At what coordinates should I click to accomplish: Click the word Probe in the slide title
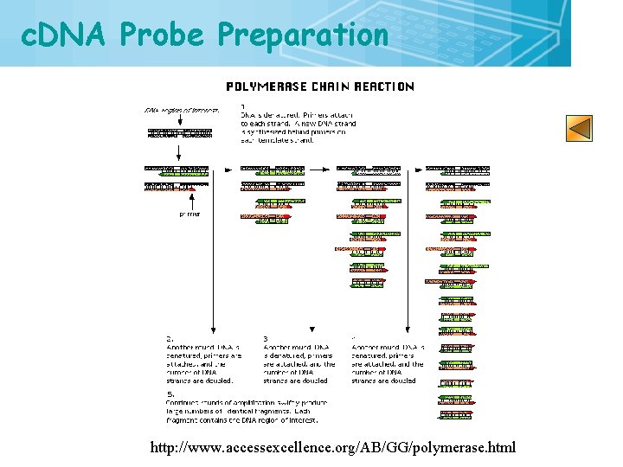coord(164,35)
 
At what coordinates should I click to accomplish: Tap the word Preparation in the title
coord(303,35)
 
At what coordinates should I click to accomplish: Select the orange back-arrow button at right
coord(580,128)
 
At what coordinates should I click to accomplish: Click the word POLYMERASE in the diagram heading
coord(260,86)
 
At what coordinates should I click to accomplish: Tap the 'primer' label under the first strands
coord(189,213)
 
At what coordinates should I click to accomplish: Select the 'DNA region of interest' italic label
coord(181,110)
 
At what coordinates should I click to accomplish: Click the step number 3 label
coord(266,338)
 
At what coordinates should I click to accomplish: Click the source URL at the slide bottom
coord(332,447)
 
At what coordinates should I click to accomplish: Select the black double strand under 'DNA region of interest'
coord(179,133)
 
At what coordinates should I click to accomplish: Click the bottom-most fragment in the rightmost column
coord(455,414)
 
